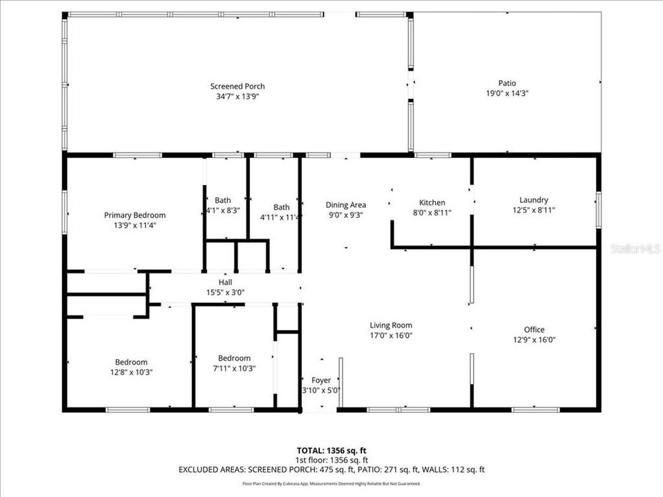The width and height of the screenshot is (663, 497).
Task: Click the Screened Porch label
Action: (238, 86)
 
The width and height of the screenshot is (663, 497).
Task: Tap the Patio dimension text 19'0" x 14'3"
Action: (508, 92)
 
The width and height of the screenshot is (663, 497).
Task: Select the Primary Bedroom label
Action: (135, 215)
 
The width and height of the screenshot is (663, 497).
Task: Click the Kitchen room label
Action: (432, 202)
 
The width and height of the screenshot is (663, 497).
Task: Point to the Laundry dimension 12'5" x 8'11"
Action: (534, 210)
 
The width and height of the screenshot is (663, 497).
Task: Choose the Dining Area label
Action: (346, 205)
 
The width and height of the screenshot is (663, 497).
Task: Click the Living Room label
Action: (391, 325)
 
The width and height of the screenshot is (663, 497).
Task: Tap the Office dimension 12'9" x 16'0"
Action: (534, 339)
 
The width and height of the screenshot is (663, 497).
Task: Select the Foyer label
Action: (321, 380)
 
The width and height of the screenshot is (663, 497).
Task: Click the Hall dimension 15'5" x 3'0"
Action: (226, 292)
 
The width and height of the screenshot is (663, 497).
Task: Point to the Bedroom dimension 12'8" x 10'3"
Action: (131, 372)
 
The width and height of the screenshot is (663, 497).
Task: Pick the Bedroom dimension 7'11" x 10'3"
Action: (234, 368)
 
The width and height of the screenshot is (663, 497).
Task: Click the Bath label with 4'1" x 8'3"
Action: (222, 200)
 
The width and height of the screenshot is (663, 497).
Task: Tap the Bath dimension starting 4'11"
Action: (281, 217)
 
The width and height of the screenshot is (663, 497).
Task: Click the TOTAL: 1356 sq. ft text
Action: (331, 449)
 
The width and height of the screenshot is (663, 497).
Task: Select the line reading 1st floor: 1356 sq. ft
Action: (331, 460)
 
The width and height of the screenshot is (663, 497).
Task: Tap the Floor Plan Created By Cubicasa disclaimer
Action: (331, 484)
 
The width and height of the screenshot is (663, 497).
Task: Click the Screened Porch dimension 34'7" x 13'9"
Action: (238, 96)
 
